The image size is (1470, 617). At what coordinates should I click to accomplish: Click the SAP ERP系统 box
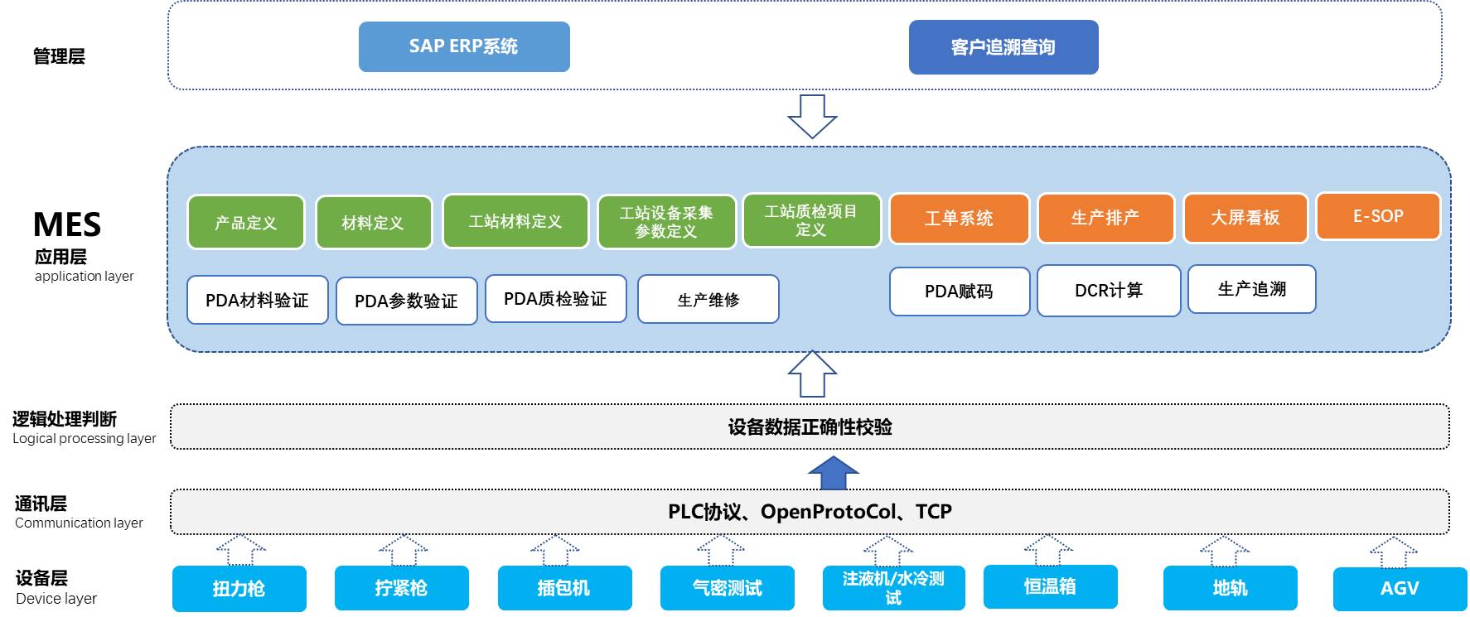point(464,46)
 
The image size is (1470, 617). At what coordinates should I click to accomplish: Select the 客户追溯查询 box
point(1003,47)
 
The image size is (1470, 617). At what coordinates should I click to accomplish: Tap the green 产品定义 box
point(246,222)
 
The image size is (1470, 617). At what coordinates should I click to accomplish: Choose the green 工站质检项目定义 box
point(811,220)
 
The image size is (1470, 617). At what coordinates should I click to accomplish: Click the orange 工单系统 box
point(959,219)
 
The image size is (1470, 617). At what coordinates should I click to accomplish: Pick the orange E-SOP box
point(1378,216)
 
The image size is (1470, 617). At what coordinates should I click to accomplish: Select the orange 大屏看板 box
point(1245,218)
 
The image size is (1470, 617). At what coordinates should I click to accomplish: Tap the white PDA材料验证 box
point(258,300)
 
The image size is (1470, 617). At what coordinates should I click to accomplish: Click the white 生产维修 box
point(708,299)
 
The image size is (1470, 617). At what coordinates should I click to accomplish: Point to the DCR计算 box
point(1109,291)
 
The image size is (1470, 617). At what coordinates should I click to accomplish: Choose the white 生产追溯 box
point(1252,289)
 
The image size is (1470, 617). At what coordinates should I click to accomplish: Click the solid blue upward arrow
point(833,473)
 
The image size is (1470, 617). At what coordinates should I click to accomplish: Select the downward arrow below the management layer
point(812,116)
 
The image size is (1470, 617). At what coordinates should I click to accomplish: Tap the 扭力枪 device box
point(239,589)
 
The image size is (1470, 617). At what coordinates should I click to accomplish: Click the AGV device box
point(1400,589)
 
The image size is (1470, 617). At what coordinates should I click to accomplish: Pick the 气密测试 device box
point(728,588)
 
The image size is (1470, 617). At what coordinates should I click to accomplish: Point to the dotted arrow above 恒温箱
point(1049,550)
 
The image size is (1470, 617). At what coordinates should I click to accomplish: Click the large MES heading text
point(67,224)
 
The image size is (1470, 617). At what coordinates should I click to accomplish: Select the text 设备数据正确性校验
point(810,427)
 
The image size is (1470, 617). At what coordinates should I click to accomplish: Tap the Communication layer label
point(79,523)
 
